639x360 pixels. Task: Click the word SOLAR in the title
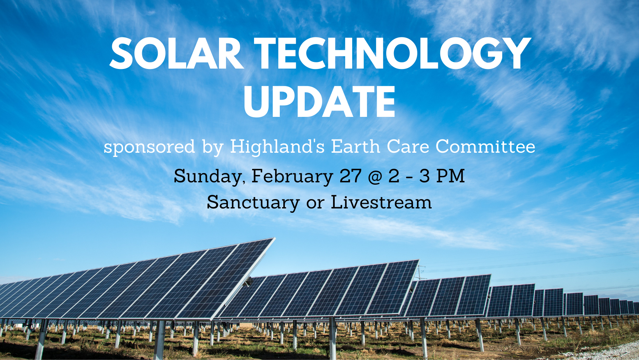[x=177, y=53]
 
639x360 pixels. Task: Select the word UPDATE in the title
[x=319, y=102]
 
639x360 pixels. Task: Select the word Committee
[x=485, y=146]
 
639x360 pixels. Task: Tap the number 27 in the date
[x=351, y=176]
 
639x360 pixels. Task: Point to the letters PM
[x=451, y=176]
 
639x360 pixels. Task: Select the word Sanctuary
[x=253, y=203]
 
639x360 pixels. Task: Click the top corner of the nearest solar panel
[x=275, y=238]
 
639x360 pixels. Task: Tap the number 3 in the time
[x=424, y=176]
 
